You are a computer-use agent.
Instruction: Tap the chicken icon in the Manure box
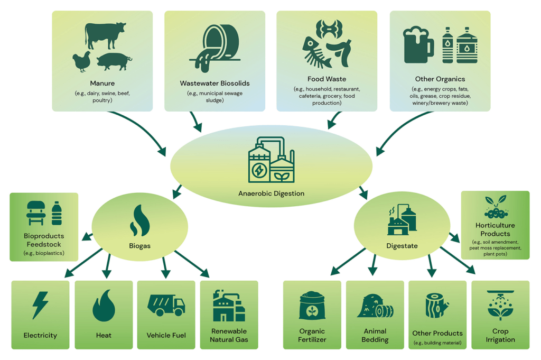click(x=82, y=62)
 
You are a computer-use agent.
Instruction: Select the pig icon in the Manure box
click(x=114, y=62)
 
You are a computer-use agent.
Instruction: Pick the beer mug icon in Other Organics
click(x=418, y=45)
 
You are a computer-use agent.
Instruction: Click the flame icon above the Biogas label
click(x=140, y=220)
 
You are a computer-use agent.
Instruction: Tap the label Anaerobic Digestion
click(x=271, y=193)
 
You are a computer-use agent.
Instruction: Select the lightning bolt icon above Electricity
click(x=40, y=305)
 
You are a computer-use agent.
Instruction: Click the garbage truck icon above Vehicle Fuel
click(x=166, y=305)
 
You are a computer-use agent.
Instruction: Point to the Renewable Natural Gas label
click(x=229, y=335)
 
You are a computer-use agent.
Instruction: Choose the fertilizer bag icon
click(x=312, y=306)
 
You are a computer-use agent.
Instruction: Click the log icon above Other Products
click(x=437, y=305)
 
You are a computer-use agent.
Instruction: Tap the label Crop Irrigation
click(x=500, y=335)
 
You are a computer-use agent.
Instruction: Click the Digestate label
click(x=402, y=246)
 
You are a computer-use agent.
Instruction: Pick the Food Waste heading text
click(x=327, y=79)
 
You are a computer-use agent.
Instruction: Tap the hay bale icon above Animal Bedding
click(x=375, y=306)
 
